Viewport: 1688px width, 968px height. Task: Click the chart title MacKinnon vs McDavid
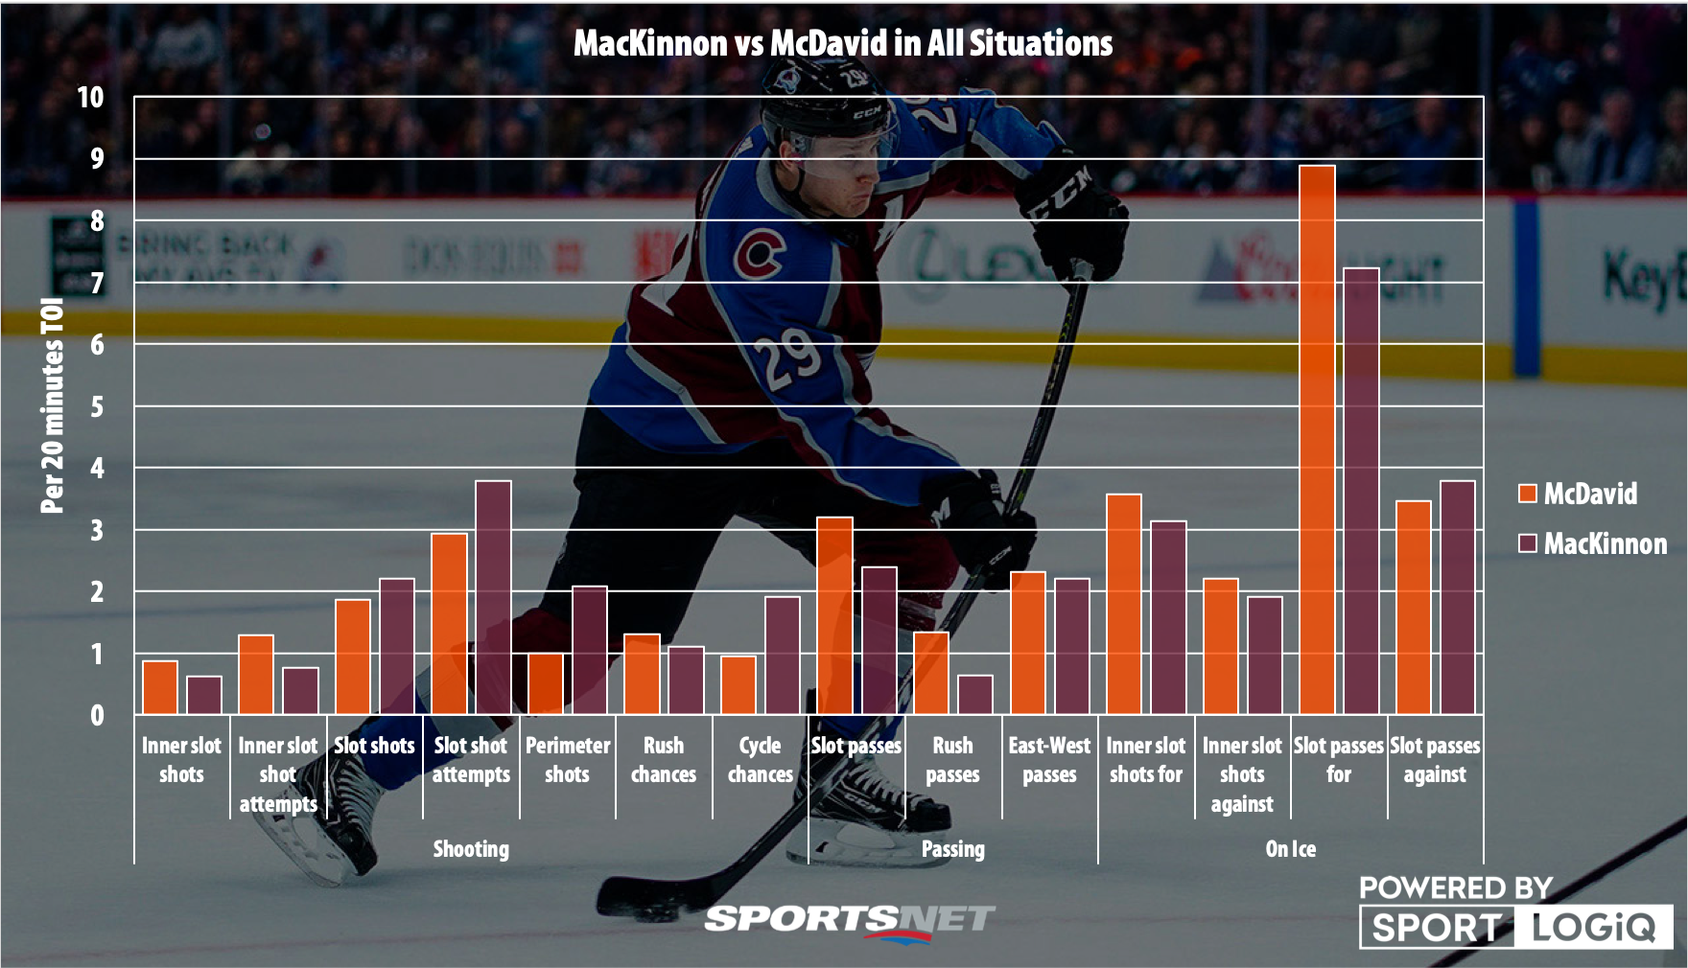[843, 44]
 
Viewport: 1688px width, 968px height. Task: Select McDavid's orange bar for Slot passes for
[1317, 441]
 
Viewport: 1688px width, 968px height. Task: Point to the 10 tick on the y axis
[90, 97]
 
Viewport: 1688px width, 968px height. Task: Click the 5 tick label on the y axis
[97, 406]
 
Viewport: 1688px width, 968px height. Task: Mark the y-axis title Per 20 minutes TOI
[53, 405]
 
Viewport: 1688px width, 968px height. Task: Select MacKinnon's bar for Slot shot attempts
[493, 598]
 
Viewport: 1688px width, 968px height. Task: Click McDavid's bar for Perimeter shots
[546, 684]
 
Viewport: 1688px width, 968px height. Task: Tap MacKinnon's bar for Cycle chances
[782, 656]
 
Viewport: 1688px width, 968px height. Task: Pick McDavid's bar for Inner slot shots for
[1124, 605]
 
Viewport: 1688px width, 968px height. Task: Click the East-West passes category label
[1049, 760]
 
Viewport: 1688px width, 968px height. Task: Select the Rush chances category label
[664, 760]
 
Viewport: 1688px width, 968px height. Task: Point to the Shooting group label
[471, 849]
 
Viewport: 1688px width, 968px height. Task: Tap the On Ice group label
[1290, 849]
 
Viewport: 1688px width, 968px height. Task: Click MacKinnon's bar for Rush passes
[975, 695]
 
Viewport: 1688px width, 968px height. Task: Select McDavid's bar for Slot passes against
[1413, 608]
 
